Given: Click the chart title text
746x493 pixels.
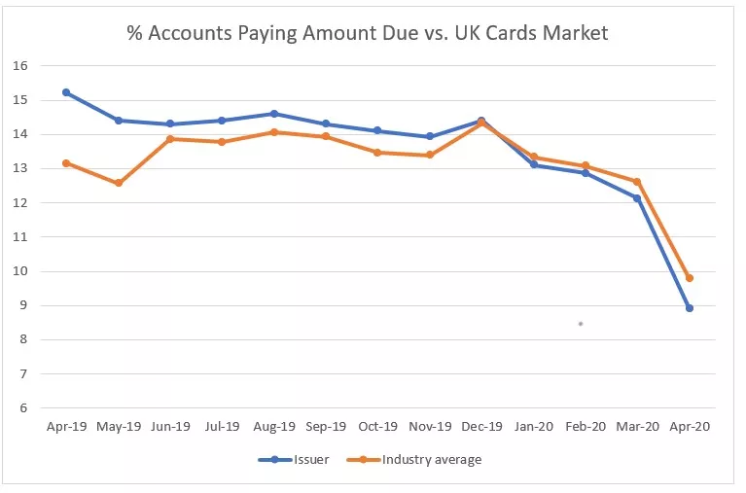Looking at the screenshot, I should pos(368,33).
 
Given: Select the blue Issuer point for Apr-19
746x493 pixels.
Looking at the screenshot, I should pos(66,92).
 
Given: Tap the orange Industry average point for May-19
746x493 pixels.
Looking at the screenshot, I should pos(119,183).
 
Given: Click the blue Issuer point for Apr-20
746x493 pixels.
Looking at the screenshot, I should pos(690,308).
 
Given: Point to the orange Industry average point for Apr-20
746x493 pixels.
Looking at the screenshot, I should pos(690,278).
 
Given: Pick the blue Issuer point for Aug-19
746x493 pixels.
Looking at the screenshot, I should pos(274,114).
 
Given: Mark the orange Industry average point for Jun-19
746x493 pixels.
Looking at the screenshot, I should pos(170,139).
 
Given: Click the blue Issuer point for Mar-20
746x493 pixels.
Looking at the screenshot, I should pos(637,198).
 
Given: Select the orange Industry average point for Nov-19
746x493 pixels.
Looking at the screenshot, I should pos(430,155).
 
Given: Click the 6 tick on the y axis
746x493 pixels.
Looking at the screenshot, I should pos(22,408).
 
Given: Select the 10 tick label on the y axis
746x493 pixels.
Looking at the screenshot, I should pos(19,271).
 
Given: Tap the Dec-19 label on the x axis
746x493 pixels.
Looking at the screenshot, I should pos(481,426).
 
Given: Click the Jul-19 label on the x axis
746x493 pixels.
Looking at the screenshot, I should pos(222,426).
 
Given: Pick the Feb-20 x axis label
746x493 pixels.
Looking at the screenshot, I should pos(586,426).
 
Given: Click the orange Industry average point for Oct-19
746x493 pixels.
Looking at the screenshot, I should pos(378,153).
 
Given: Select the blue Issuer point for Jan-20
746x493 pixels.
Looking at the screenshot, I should pos(534,164).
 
